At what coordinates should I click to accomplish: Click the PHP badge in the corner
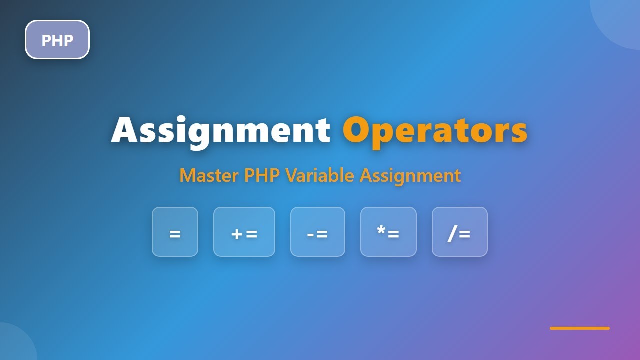[x=57, y=40]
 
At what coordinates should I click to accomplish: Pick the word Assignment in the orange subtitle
[x=410, y=176]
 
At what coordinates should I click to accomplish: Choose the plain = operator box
[x=175, y=232]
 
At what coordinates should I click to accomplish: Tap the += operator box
[x=244, y=232]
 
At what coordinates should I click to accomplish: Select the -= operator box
[x=318, y=232]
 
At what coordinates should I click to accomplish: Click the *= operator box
[x=388, y=232]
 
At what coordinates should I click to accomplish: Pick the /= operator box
[x=459, y=232]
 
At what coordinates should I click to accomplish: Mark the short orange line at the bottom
[x=580, y=328]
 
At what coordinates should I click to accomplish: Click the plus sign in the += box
[x=237, y=234]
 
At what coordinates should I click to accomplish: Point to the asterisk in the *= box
[x=381, y=230]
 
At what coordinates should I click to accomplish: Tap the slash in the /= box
[x=452, y=233]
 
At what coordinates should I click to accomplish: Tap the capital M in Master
[x=188, y=176]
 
